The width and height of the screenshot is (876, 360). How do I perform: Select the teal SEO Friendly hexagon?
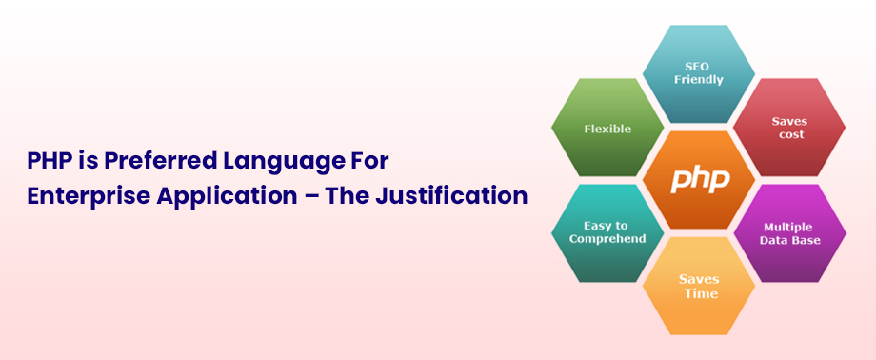pyautogui.click(x=699, y=73)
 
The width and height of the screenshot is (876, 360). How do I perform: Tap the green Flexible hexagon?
pyautogui.click(x=607, y=128)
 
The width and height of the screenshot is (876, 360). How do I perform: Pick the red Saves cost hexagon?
pyautogui.click(x=789, y=128)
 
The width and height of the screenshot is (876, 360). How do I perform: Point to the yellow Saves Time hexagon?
pyautogui.click(x=699, y=286)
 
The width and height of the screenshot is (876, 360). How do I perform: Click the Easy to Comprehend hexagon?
pyautogui.click(x=607, y=232)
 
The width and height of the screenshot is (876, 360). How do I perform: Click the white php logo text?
pyautogui.click(x=700, y=180)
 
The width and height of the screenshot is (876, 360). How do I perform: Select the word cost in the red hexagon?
pyautogui.click(x=790, y=135)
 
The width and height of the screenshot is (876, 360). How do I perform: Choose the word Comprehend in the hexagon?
pyautogui.click(x=607, y=239)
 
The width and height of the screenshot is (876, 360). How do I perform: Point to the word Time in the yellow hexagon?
pyautogui.click(x=699, y=294)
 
